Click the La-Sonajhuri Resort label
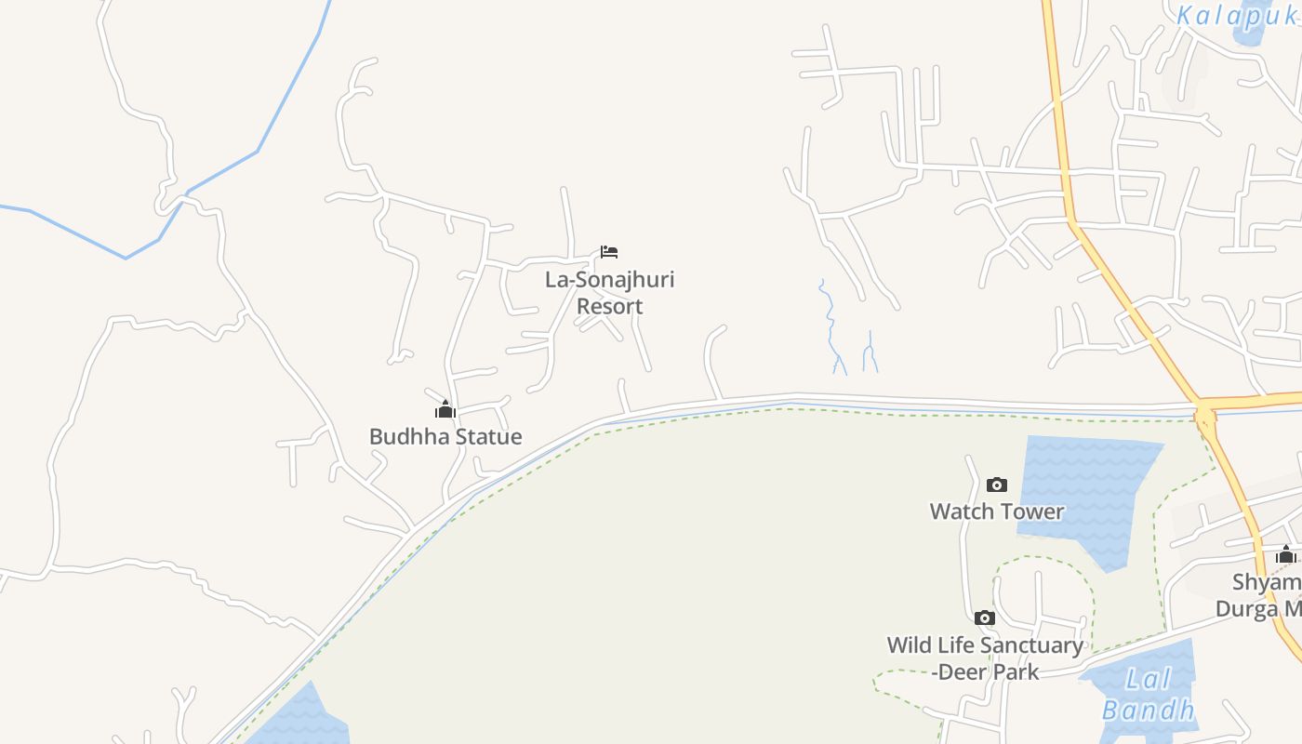click(x=609, y=293)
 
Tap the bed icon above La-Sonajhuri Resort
click(x=609, y=252)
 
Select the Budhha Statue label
click(x=445, y=436)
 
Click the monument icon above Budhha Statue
click(x=445, y=409)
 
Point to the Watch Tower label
click(x=997, y=511)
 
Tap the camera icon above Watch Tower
click(x=997, y=485)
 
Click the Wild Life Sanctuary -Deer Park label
click(x=985, y=658)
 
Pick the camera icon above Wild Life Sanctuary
click(x=984, y=618)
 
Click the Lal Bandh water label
click(x=1148, y=694)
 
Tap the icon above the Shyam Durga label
click(x=1286, y=555)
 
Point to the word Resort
click(x=609, y=306)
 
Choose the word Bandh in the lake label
click(x=1148, y=710)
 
